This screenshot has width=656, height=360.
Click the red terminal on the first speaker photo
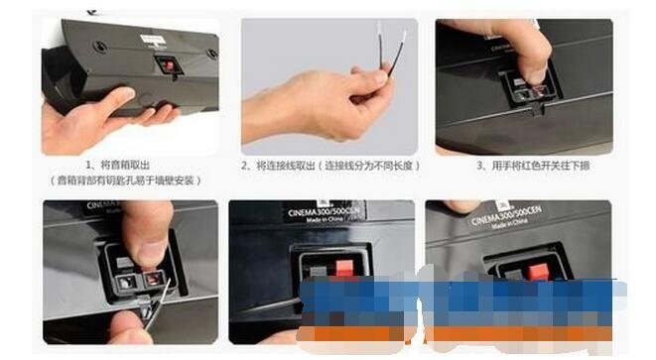170,65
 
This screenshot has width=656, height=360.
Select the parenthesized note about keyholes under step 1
126,181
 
